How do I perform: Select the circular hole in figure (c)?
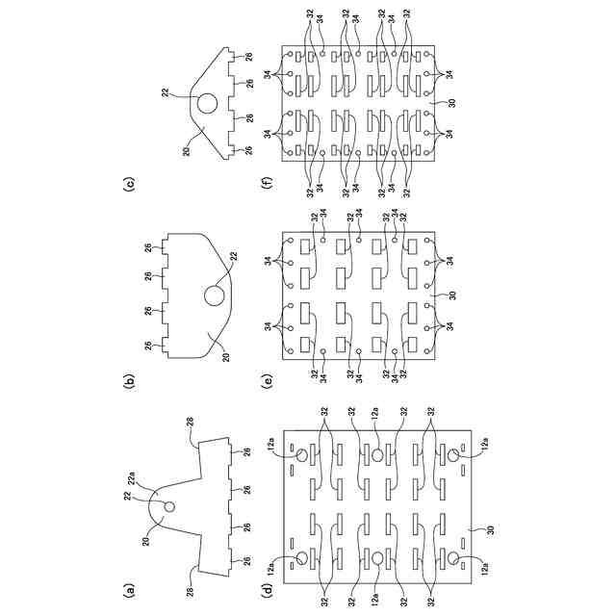[205, 102]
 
